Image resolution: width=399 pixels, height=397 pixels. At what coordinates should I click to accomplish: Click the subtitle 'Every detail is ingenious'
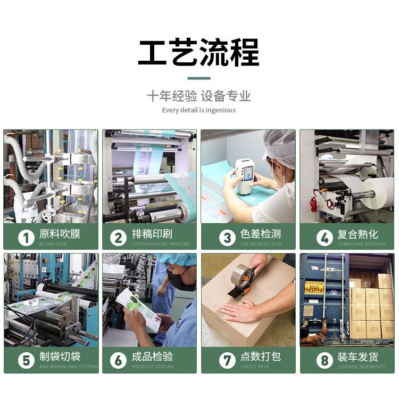pyautogui.click(x=199, y=110)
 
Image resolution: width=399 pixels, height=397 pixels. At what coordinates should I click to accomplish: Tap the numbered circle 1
pyautogui.click(x=26, y=237)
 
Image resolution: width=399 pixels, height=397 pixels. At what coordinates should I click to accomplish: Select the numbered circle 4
pyautogui.click(x=324, y=237)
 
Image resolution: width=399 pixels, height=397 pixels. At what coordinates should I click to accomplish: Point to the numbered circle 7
pyautogui.click(x=227, y=360)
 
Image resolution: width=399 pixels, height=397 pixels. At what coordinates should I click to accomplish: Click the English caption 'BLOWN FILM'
pyautogui.click(x=53, y=244)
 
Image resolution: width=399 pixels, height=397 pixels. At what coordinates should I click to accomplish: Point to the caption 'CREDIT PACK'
pyautogui.click(x=256, y=367)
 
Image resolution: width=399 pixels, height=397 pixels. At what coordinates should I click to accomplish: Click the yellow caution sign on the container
pyautogui.click(x=314, y=287)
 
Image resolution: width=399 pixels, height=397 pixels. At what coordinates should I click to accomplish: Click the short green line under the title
pyautogui.click(x=199, y=78)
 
